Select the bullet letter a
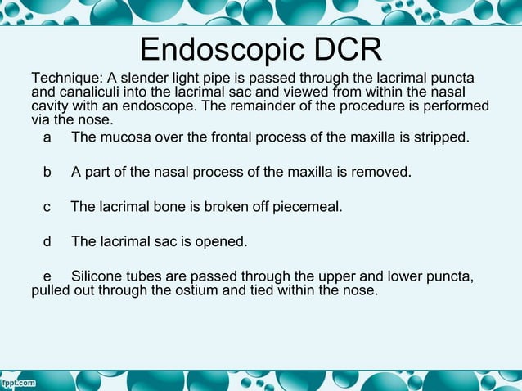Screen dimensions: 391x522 [x=47, y=137]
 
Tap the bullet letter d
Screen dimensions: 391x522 [x=47, y=242]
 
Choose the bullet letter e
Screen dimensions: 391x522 [x=47, y=276]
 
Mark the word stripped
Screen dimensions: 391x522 [x=443, y=137]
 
